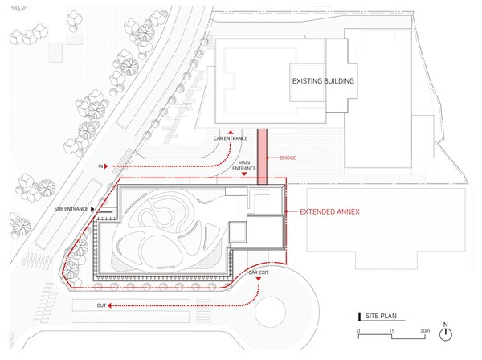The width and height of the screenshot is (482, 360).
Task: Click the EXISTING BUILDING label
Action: point(323,81)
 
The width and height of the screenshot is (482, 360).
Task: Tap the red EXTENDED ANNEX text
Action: point(329,211)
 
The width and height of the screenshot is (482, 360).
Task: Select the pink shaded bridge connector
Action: point(262,157)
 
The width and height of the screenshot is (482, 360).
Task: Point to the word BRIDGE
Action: point(288,157)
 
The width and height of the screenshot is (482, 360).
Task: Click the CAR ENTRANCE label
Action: point(231,138)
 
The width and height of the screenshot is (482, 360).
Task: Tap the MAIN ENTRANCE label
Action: point(243,166)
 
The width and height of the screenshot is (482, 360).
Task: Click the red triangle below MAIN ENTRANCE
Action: point(244,174)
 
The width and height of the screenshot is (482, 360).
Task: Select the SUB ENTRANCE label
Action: point(71,209)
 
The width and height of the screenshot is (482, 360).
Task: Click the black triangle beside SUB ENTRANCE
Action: point(92,209)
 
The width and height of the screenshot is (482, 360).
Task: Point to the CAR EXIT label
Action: point(258,272)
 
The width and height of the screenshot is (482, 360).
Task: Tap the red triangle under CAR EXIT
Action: point(259,279)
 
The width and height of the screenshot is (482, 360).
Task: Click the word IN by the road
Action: point(100,166)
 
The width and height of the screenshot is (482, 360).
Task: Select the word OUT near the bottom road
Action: point(101,305)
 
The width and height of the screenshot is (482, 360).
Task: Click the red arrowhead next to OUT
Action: point(109,305)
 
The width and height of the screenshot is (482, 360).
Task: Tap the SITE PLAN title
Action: point(381,316)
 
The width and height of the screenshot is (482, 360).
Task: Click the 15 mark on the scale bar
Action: point(392,331)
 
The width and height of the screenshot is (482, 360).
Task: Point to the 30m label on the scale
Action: point(425,331)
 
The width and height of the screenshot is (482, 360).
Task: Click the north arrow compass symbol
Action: point(445,333)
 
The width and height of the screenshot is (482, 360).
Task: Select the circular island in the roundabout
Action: point(270,312)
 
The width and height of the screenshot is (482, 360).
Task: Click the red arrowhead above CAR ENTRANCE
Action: point(231,133)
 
